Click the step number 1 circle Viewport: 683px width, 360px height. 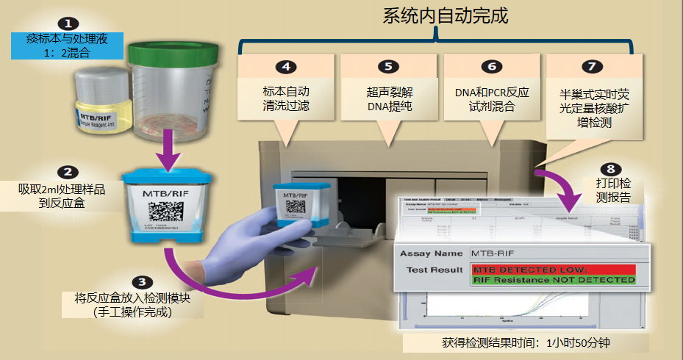(x=68, y=24)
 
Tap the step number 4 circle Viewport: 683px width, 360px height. (x=285, y=67)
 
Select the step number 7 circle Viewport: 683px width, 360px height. (x=591, y=66)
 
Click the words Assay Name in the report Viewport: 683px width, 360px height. (x=431, y=253)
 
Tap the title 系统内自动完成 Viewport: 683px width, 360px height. (x=446, y=16)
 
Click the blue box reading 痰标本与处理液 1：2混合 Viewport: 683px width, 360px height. (x=66, y=46)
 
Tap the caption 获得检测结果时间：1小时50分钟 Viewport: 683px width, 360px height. (x=526, y=343)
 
